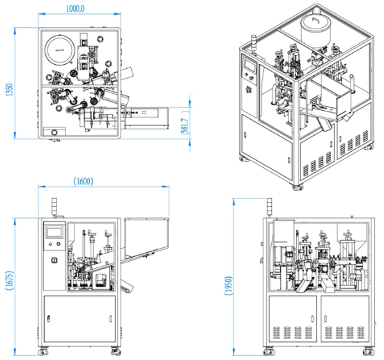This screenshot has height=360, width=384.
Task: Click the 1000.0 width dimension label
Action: tap(75, 9)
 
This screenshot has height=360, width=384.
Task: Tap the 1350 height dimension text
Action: tap(9, 90)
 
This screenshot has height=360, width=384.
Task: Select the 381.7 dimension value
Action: tap(185, 126)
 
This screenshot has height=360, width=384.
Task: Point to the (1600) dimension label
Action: tap(83, 181)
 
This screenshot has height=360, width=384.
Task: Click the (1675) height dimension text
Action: tap(9, 281)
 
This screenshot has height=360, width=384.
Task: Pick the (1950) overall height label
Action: tap(229, 285)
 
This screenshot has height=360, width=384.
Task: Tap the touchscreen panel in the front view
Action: tap(54, 233)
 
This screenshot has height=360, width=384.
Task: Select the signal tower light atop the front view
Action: tap(54, 207)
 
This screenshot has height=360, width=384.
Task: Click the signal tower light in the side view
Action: tap(270, 208)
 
